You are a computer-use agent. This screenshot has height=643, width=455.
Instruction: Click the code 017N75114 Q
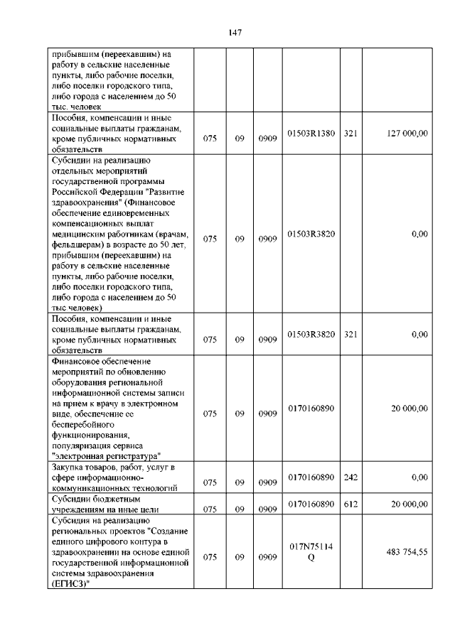[311, 552]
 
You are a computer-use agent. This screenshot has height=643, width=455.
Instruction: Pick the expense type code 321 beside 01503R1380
[350, 133]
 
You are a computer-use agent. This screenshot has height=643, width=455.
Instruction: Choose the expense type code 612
[350, 504]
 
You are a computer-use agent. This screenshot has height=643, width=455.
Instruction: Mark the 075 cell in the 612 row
[210, 509]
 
